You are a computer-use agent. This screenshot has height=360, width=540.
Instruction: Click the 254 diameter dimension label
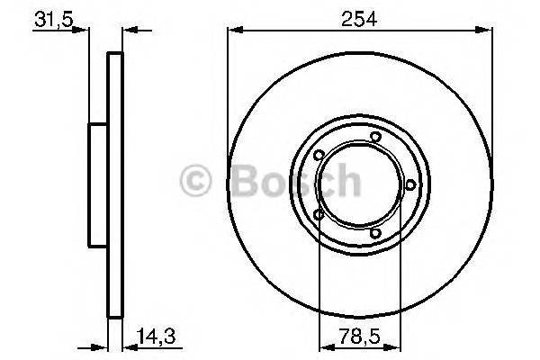click(359, 15)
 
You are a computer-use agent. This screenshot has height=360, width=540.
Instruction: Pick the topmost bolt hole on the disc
click(375, 137)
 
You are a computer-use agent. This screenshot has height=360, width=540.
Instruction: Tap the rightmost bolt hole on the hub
click(410, 184)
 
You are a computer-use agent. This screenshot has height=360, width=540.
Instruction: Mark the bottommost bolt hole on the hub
click(376, 236)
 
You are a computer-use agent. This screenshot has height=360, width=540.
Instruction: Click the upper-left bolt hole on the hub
click(318, 163)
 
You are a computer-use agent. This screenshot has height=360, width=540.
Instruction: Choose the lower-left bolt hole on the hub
click(318, 214)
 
